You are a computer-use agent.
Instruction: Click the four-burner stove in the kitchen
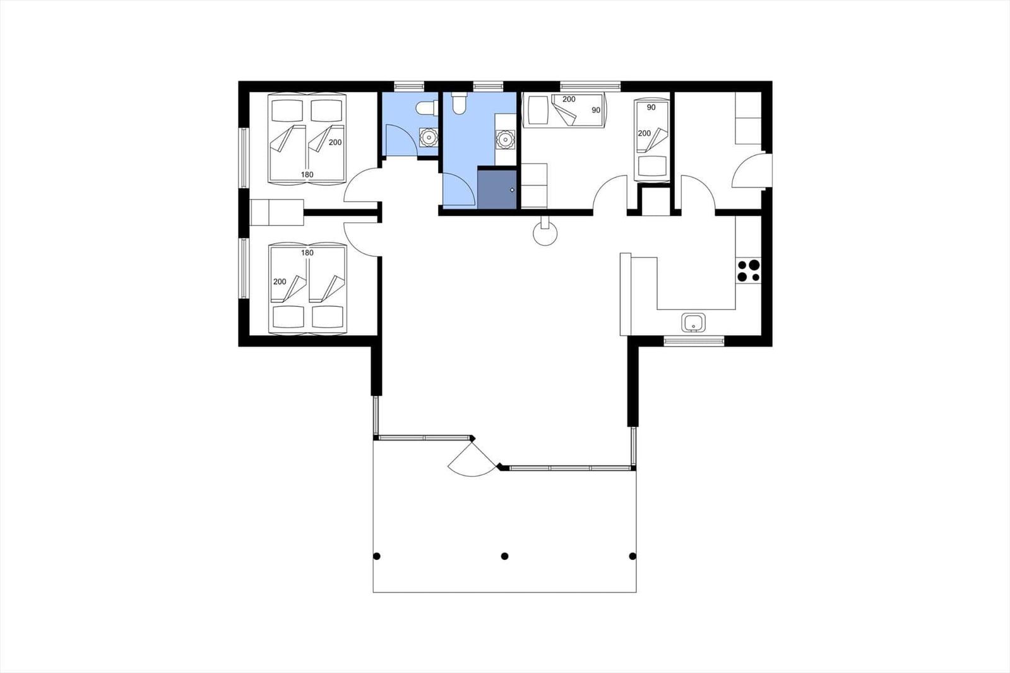click(x=749, y=270)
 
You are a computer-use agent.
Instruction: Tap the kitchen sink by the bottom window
click(x=694, y=323)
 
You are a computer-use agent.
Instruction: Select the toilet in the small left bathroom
click(x=427, y=108)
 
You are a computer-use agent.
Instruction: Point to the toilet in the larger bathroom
click(x=459, y=104)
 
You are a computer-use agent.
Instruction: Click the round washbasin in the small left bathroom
click(x=429, y=136)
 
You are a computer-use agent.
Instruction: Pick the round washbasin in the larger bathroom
click(x=505, y=138)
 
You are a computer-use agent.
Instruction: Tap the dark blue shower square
click(x=497, y=188)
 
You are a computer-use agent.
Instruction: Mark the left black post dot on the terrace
click(x=377, y=556)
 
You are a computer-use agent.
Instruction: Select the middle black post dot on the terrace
click(x=504, y=556)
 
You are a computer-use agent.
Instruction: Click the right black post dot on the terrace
click(x=633, y=556)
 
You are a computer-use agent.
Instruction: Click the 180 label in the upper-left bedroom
click(x=307, y=175)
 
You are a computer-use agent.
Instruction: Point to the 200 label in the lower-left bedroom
click(x=280, y=282)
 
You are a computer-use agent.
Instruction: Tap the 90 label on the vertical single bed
click(x=651, y=107)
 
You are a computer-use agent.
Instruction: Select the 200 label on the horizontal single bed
click(x=569, y=99)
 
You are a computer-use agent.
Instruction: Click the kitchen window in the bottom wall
click(x=694, y=342)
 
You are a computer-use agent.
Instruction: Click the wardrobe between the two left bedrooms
click(x=277, y=212)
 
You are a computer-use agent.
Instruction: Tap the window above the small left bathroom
click(x=408, y=85)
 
